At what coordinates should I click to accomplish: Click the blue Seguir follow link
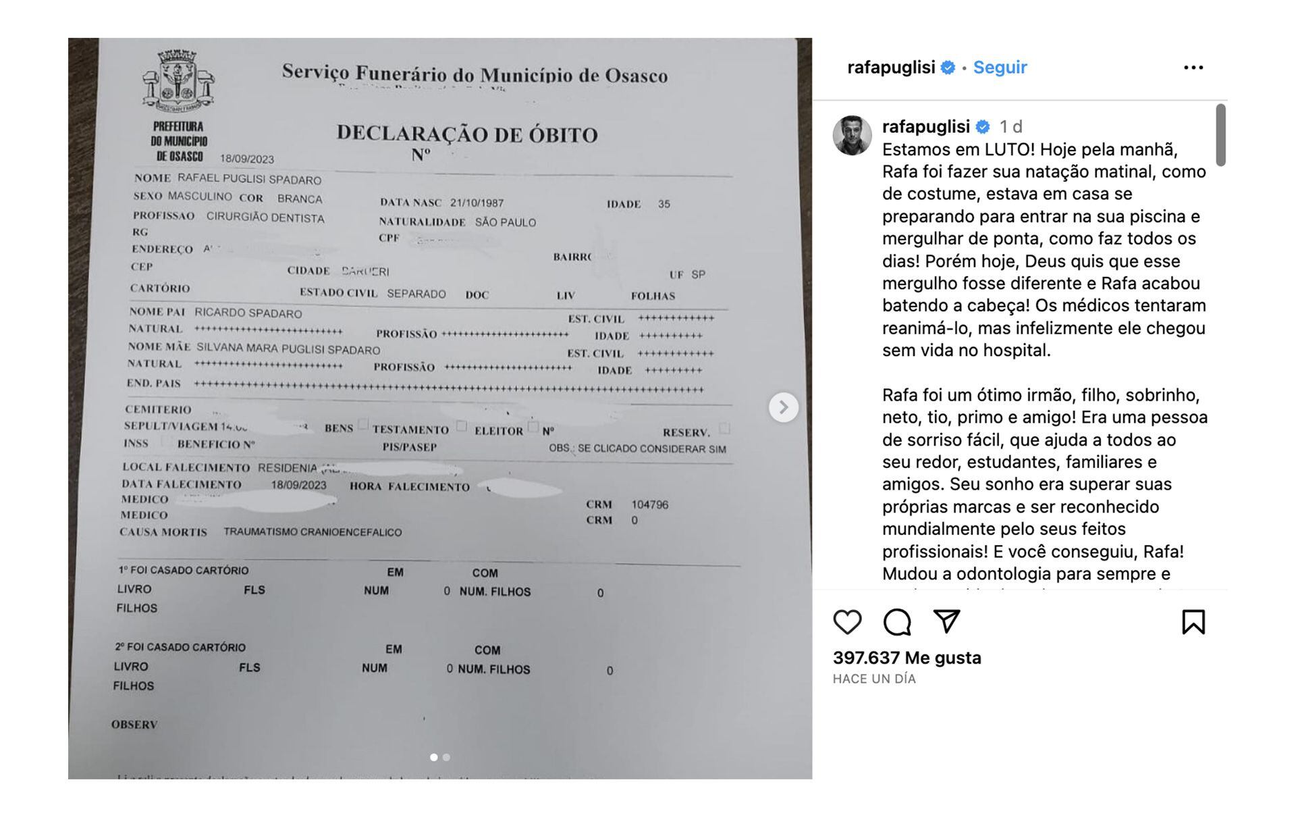point(1000,68)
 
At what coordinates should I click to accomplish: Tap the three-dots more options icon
point(1193,68)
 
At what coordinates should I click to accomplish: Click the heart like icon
point(847,622)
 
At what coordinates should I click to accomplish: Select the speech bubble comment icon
point(897,622)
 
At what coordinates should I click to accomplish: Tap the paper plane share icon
point(946,621)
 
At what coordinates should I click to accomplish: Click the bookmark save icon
point(1193,622)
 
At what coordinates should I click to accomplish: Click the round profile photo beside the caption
point(853,135)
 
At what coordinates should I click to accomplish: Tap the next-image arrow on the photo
point(783,407)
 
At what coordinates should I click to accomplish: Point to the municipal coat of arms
point(178,81)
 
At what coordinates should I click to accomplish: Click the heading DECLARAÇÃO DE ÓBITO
point(467,134)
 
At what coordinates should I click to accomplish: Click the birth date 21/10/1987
point(477,203)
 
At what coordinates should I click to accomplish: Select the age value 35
point(664,204)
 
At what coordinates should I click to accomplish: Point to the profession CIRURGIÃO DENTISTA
point(265,217)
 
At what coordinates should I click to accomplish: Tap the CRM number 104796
point(649,504)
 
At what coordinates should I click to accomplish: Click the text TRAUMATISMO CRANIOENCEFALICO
point(313,532)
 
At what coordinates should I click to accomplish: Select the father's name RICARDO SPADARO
point(248,313)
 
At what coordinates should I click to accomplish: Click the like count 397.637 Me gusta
point(907,658)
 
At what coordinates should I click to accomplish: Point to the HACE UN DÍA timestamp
point(874,679)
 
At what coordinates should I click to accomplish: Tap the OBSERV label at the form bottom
point(134,725)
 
